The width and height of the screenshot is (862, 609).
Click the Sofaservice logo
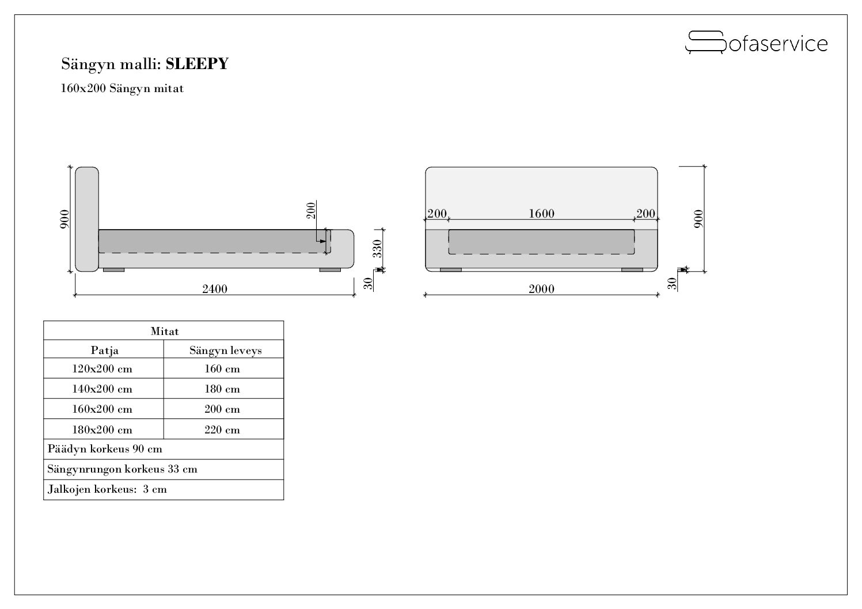756,43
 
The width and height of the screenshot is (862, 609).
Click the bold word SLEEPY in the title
197,63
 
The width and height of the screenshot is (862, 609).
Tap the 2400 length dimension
215,289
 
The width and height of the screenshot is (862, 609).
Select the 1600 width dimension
541,214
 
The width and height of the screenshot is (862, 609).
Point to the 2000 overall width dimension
541,289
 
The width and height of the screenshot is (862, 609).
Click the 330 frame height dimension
378,249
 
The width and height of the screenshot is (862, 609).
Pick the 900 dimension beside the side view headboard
64,219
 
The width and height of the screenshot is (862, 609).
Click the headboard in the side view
87,219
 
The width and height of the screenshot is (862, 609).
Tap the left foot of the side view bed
114,270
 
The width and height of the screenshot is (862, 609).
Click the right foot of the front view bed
632,270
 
